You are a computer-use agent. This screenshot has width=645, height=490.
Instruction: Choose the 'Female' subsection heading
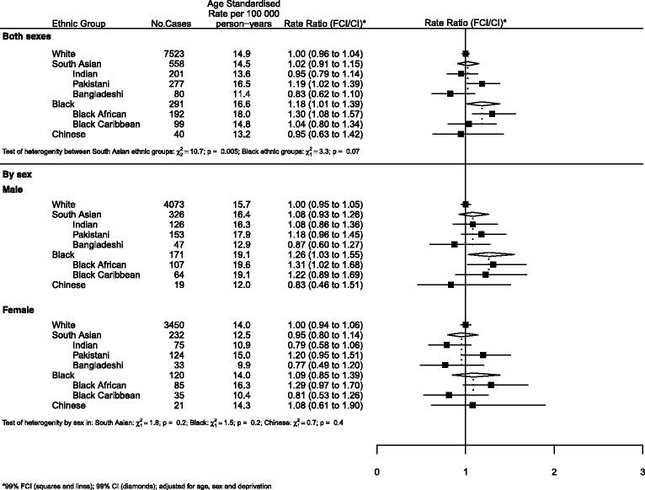(x=21, y=310)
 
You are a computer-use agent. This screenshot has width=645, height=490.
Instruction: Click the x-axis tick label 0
(x=376, y=469)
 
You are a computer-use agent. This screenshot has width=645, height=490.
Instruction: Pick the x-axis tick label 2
(x=554, y=469)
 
